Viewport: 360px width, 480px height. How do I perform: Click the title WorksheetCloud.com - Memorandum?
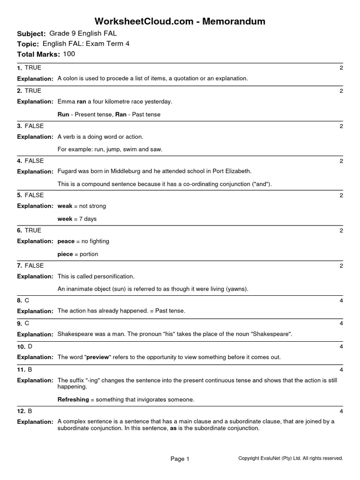180,21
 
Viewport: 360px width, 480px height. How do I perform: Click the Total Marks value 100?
69,54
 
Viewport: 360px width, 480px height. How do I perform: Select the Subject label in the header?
31,34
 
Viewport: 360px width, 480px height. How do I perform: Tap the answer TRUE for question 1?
33,68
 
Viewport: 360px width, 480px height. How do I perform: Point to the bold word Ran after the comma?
121,114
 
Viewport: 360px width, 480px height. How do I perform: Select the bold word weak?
65,206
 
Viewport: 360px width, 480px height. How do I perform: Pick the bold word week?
65,219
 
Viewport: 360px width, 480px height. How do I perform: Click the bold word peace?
66,241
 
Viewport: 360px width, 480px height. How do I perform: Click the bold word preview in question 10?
97,357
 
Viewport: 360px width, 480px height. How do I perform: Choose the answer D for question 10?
30,346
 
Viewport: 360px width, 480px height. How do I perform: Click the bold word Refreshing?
73,399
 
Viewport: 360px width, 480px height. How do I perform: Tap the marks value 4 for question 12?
341,412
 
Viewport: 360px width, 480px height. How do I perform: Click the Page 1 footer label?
180,459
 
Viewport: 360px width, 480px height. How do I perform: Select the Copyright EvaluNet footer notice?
291,458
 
